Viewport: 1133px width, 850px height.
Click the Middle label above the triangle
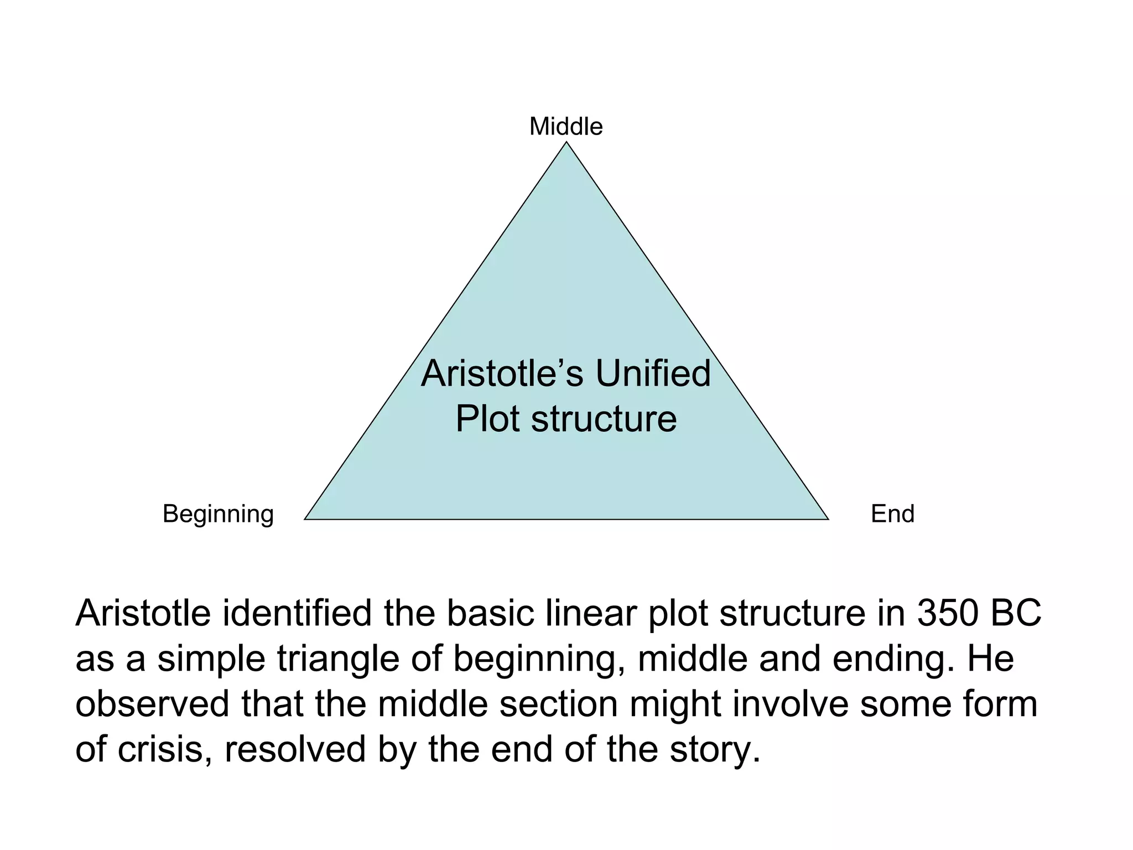(x=566, y=127)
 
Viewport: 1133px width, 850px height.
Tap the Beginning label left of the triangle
(x=218, y=514)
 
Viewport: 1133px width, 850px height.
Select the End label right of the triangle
(x=892, y=514)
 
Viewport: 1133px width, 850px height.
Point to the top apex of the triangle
(x=566, y=143)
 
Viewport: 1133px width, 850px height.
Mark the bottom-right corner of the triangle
(x=827, y=519)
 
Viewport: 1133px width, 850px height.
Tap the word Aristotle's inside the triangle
(x=502, y=374)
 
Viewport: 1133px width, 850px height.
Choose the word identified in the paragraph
(x=297, y=614)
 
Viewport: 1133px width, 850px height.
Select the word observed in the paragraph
(x=152, y=704)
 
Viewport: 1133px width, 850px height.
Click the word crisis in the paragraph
(x=164, y=749)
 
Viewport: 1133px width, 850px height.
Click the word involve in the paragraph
(x=791, y=704)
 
